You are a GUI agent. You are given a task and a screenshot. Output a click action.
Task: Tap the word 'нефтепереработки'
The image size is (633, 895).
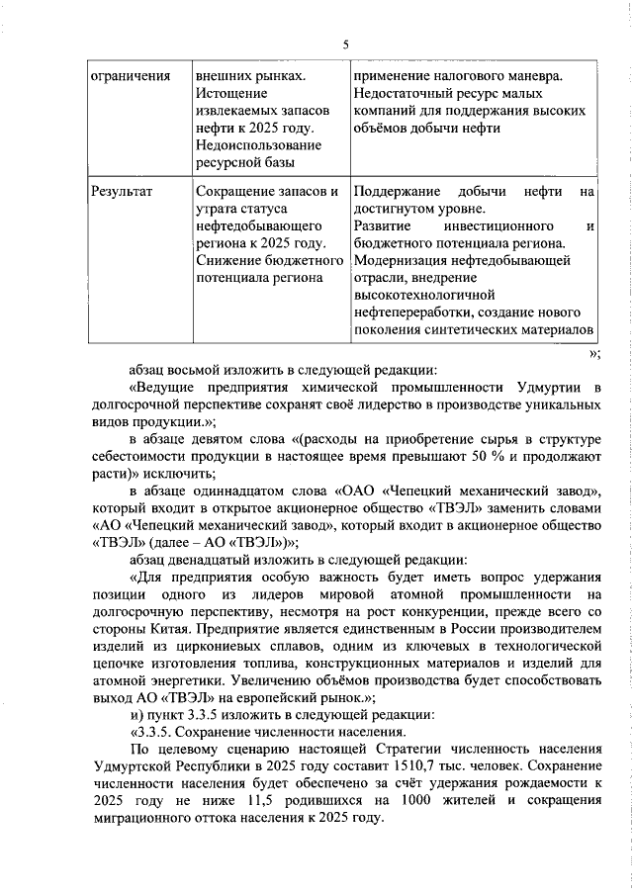(x=409, y=313)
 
